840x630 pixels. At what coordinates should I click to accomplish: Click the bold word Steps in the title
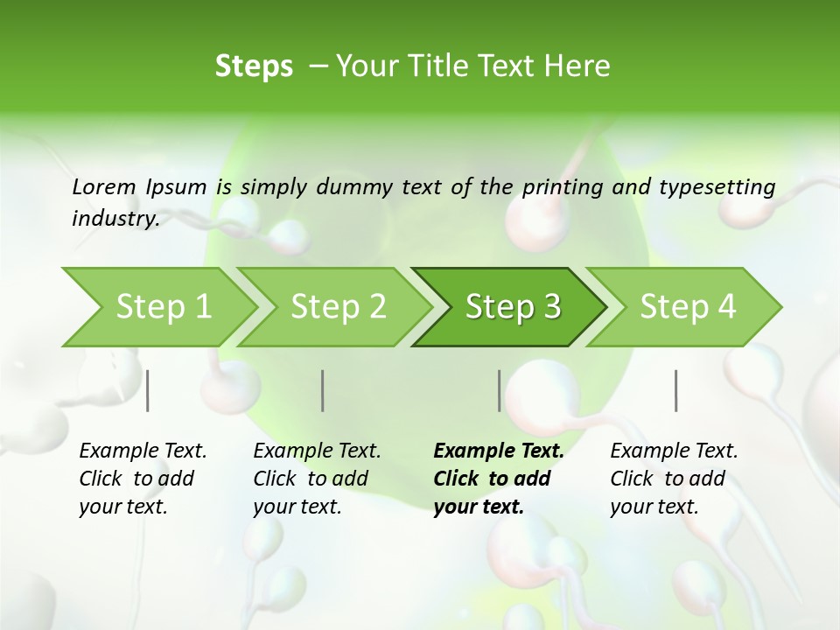coord(254,66)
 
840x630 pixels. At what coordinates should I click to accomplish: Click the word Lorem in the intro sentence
coord(103,186)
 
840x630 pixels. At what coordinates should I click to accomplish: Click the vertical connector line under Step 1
coord(148,390)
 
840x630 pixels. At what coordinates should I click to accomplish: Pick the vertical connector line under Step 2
coord(323,390)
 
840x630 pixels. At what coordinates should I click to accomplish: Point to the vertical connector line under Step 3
coord(499,390)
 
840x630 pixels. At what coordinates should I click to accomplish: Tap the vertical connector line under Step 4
coord(675,390)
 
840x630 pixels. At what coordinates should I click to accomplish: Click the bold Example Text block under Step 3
coord(498,479)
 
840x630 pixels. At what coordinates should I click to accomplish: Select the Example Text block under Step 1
coord(143,479)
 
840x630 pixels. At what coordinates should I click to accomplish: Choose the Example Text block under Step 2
coord(317,479)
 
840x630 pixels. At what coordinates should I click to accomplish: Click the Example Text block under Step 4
coord(674,479)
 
